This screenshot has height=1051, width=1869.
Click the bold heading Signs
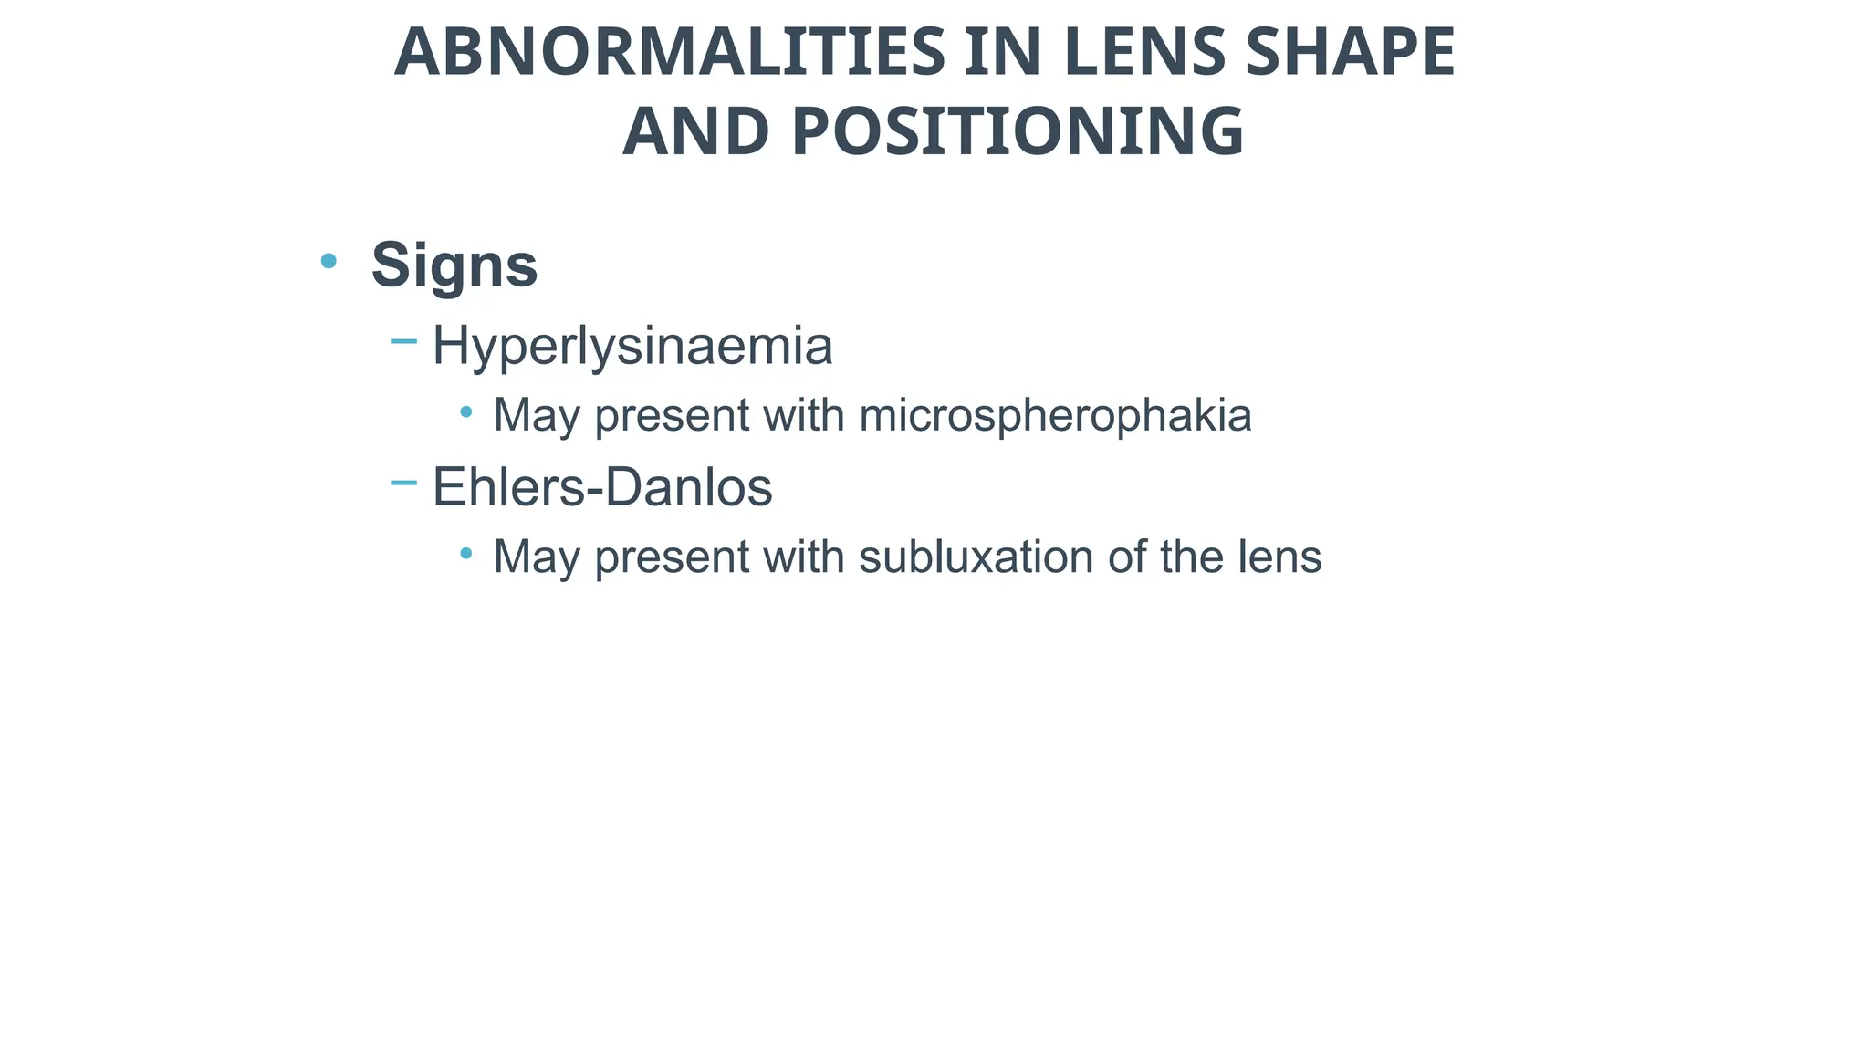point(454,265)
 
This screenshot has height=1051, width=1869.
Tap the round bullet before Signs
point(329,262)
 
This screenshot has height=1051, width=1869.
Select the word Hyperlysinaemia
point(632,347)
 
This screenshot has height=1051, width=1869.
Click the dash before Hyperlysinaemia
point(403,342)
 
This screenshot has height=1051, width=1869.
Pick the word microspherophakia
point(1055,416)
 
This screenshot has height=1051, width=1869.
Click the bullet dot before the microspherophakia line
point(466,412)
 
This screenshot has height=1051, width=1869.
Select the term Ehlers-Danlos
point(602,487)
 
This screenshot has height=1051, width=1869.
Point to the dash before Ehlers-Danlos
point(403,483)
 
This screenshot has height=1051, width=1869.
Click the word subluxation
point(976,557)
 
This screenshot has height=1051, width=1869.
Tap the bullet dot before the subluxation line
point(466,553)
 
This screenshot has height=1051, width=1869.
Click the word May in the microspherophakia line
point(536,416)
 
